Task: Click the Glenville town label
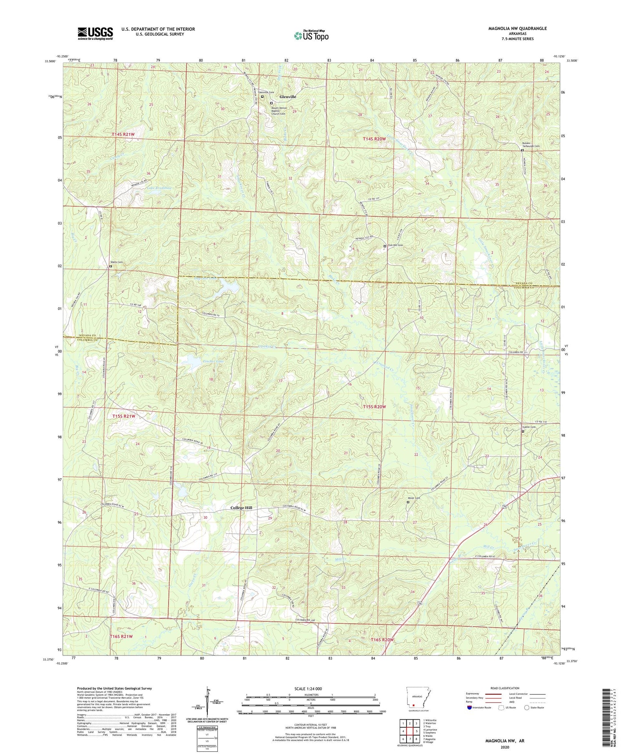point(288,97)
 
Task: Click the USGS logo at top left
point(95,33)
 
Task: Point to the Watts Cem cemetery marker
point(111,266)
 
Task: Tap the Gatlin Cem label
point(529,427)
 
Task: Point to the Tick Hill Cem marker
point(385,246)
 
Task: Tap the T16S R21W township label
point(121,636)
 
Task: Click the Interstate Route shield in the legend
point(469,708)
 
